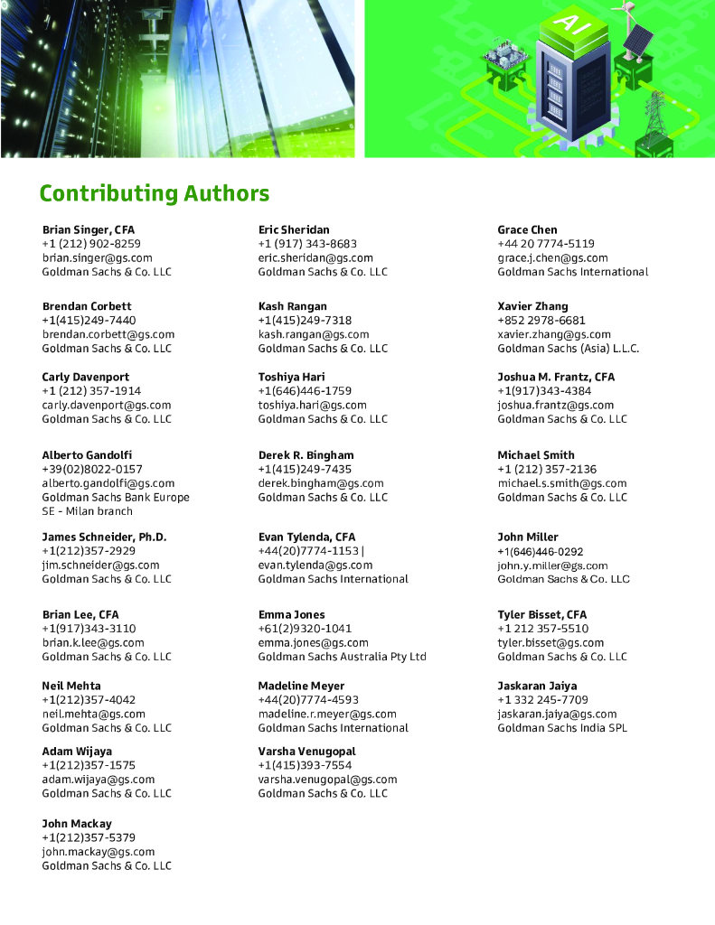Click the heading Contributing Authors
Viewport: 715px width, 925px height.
(154, 193)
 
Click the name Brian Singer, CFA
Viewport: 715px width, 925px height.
(88, 229)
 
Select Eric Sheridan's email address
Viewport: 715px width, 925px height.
(315, 257)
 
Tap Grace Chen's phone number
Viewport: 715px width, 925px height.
(546, 244)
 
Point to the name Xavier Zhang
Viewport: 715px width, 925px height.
(532, 306)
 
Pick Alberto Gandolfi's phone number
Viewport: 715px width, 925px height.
(92, 469)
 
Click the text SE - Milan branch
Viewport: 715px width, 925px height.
(87, 511)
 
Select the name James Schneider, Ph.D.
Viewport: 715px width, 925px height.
(104, 537)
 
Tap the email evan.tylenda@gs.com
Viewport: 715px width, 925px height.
(315, 565)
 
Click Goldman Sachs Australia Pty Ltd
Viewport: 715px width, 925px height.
(342, 657)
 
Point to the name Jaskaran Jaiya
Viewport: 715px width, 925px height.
(537, 686)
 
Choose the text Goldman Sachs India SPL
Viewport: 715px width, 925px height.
(561, 728)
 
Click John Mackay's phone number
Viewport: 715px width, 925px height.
(89, 837)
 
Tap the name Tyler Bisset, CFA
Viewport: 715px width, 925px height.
(541, 614)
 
